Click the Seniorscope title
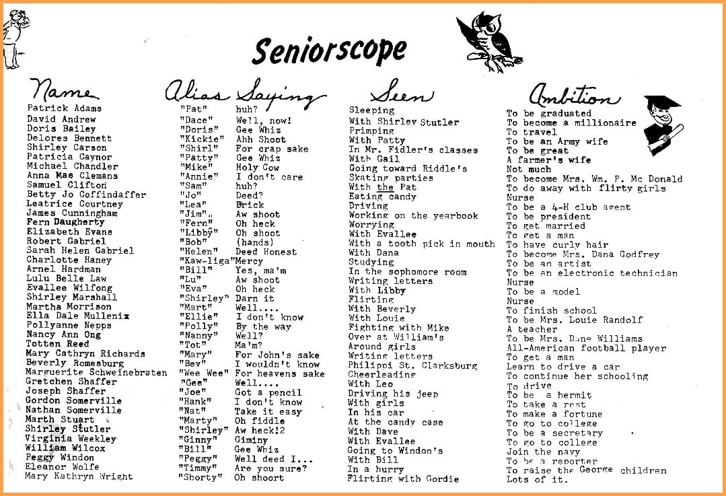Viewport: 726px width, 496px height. pos(329,49)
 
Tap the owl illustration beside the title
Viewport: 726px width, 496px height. pos(489,40)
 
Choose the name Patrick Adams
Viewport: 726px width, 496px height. pos(65,108)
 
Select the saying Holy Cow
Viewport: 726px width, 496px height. pos(258,168)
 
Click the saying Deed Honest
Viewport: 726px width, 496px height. pos(266,252)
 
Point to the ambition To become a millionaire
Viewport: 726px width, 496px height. pos(571,123)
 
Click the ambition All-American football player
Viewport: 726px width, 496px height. pos(586,349)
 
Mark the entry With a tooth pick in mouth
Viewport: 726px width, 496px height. pos(422,244)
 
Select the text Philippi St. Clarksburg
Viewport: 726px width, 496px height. pos(412,365)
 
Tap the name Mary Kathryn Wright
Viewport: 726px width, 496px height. pos(79,476)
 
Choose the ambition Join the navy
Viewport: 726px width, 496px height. pos(543,452)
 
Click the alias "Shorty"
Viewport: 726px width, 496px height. pos(200,478)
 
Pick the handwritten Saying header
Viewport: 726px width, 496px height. pos(281,93)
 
